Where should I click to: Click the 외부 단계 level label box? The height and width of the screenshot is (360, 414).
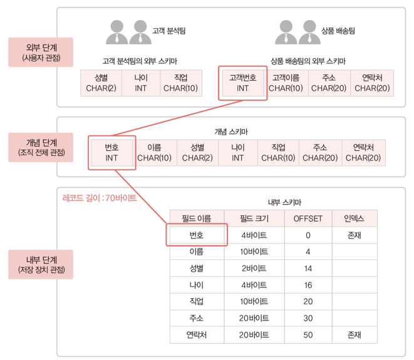pyautogui.click(x=39, y=52)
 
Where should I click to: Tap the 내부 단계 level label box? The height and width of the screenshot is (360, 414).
pyautogui.click(x=39, y=265)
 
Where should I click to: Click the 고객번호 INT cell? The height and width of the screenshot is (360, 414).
pyautogui.click(x=242, y=83)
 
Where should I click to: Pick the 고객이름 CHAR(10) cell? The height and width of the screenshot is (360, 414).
pyautogui.click(x=286, y=83)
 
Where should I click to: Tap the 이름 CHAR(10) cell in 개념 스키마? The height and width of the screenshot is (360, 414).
pyautogui.click(x=155, y=152)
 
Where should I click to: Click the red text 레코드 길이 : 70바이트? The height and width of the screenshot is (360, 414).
pyautogui.click(x=99, y=198)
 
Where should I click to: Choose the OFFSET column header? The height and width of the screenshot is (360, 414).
pyautogui.click(x=308, y=219)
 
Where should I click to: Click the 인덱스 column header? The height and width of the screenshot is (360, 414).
pyautogui.click(x=354, y=219)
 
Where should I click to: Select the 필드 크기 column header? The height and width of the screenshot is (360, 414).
pyautogui.click(x=254, y=219)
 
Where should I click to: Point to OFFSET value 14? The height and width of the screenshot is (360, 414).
pyautogui.click(x=308, y=268)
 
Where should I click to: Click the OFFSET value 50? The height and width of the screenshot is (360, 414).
pyautogui.click(x=308, y=334)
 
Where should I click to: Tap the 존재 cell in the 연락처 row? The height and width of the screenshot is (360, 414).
pyautogui.click(x=354, y=334)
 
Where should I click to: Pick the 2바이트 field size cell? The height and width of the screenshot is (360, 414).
pyautogui.click(x=254, y=268)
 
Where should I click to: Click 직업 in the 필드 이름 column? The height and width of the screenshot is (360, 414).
pyautogui.click(x=196, y=301)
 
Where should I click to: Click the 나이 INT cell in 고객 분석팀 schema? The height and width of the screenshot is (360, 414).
pyautogui.click(x=140, y=83)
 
